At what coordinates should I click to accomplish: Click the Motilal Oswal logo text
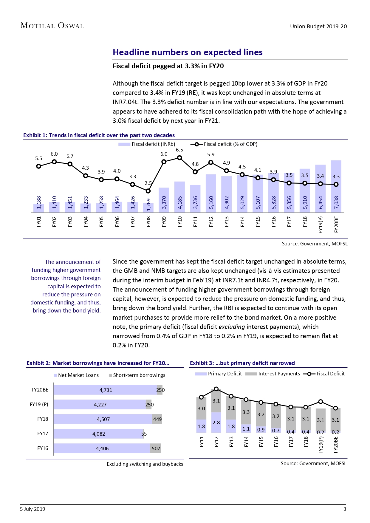[52, 26]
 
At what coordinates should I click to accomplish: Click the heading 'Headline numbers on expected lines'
[188, 52]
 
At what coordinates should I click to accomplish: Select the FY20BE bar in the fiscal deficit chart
[336, 186]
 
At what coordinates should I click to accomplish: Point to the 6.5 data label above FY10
[179, 150]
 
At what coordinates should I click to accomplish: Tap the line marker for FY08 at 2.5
[148, 191]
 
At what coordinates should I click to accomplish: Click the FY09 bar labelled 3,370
[164, 200]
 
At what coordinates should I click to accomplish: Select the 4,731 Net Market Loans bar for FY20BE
[106, 390]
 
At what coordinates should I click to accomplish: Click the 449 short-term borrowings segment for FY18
[157, 419]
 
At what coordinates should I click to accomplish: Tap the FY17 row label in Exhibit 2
[43, 434]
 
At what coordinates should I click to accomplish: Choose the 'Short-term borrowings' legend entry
[137, 375]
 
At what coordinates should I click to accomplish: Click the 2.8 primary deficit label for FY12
[216, 423]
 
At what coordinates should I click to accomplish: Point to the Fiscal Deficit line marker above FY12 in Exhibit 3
[216, 389]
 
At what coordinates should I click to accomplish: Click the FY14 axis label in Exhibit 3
[246, 442]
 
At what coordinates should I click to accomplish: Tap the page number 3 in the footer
[345, 509]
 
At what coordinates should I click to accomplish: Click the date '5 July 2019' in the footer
[32, 509]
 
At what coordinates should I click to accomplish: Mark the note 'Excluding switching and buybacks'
[145, 464]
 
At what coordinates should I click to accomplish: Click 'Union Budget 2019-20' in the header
[318, 26]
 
